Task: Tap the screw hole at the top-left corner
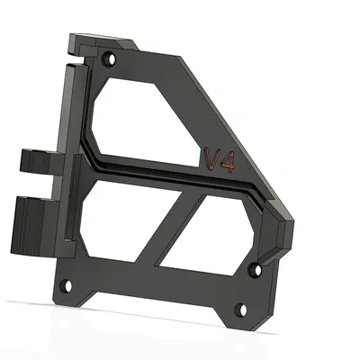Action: (x=110, y=59)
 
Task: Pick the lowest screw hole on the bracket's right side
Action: (x=239, y=311)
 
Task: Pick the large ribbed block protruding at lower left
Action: (x=31, y=225)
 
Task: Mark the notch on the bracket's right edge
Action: (x=290, y=236)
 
